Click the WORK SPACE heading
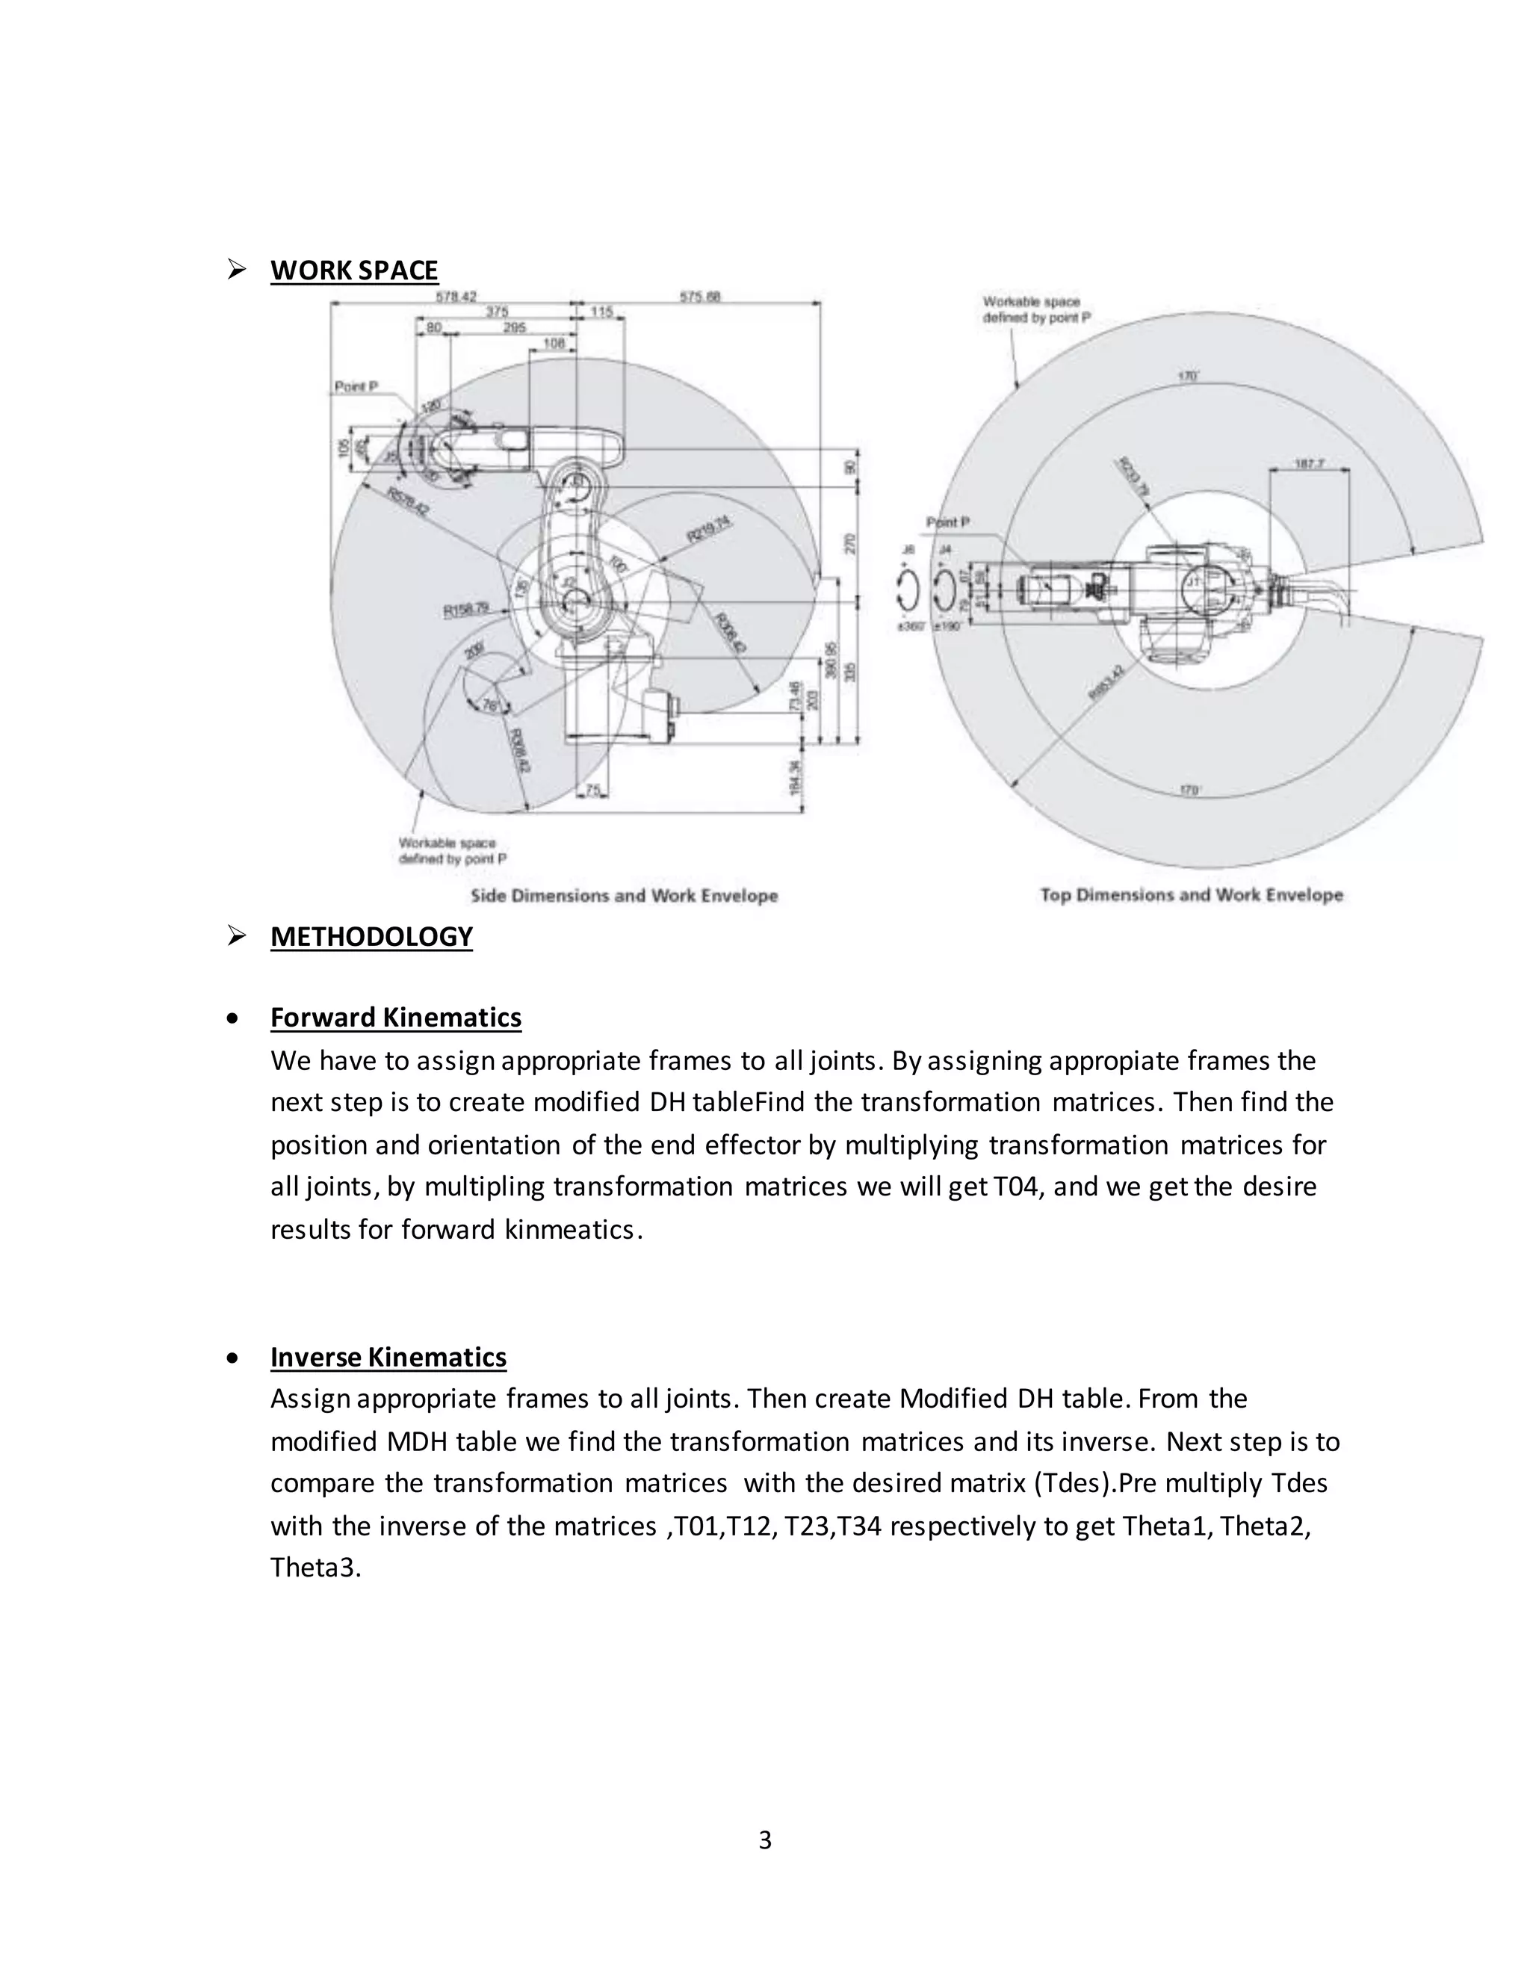(353, 270)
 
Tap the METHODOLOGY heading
(371, 936)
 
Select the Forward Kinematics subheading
(395, 1017)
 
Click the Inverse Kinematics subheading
(388, 1357)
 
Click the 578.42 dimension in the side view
(456, 297)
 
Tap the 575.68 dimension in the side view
(700, 297)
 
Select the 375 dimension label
(497, 312)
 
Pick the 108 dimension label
(554, 344)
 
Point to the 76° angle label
(490, 705)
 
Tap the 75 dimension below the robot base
(592, 791)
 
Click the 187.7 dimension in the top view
(1310, 463)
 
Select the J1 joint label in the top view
(1194, 581)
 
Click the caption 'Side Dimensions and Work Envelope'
(624, 896)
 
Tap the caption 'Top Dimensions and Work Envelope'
(1191, 895)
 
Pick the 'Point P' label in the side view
(356, 387)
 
